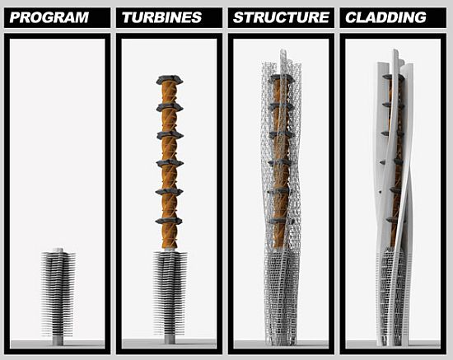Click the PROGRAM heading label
coord(49,17)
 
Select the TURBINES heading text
coord(161,17)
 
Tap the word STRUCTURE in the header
coord(281,17)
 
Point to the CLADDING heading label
coord(385,17)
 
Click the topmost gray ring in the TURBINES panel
coord(170,80)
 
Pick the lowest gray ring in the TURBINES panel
coord(169,222)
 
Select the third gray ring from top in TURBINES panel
coord(170,135)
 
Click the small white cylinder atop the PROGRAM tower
coord(58,250)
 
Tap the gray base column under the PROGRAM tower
coord(58,340)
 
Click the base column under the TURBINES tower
coord(170,339)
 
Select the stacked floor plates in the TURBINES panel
coord(170,293)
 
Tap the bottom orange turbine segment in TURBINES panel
coord(169,236)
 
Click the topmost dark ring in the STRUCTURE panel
coord(280,78)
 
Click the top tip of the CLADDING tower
coord(395,50)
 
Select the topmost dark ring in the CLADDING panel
coord(394,77)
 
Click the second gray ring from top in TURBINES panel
coord(170,107)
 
